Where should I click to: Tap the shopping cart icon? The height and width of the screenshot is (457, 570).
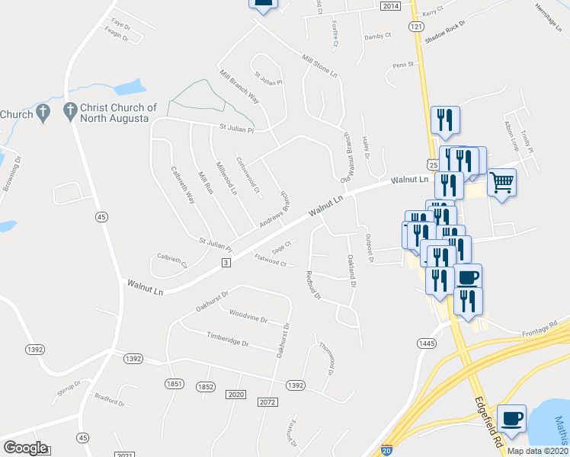501,183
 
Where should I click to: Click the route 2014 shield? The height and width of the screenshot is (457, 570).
389,6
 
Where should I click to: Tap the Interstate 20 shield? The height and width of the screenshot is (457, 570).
386,450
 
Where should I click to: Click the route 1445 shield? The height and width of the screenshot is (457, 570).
427,344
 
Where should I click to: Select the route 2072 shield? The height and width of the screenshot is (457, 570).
267,401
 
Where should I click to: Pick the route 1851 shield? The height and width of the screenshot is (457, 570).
175,384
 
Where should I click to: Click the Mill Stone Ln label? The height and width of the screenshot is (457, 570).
319,66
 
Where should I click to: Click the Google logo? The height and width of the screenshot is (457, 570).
24,448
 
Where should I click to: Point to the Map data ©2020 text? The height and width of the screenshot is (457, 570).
537,451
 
